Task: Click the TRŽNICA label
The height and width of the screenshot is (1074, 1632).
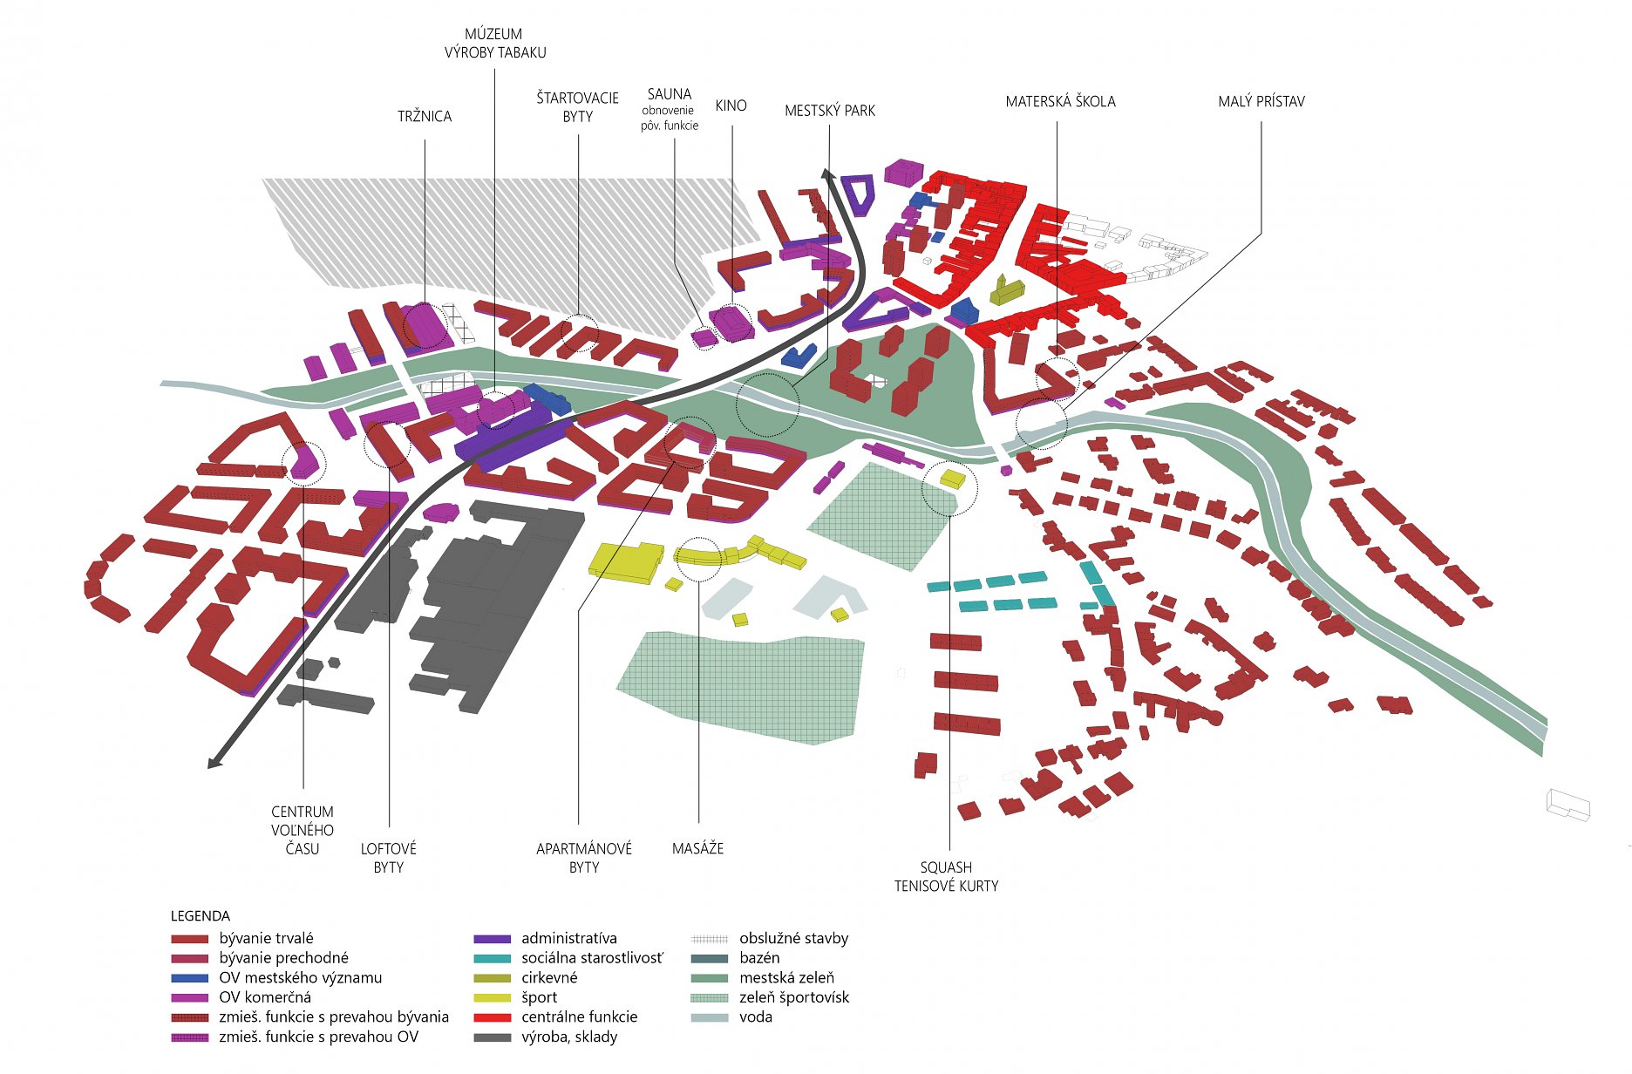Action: coord(425,116)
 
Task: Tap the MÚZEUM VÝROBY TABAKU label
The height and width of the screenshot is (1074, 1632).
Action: coord(494,44)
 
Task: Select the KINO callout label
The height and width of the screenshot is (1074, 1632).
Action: coord(731,105)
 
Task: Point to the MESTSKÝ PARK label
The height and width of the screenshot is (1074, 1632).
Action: coord(829,111)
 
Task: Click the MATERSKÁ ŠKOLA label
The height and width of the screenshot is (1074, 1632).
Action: coord(1060,101)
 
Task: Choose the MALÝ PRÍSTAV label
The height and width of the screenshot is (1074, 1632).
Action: coord(1261,101)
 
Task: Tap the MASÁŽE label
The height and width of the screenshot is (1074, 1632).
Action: coord(697,848)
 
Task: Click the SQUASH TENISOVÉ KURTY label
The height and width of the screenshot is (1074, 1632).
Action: coord(946,876)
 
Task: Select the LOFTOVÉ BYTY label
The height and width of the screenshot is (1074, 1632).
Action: coord(389,858)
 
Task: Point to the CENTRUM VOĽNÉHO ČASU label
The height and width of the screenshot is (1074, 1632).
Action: coord(303,830)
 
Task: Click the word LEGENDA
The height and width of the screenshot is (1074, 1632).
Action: coord(201,916)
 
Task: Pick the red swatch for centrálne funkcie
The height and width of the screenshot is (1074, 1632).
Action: coord(492,1017)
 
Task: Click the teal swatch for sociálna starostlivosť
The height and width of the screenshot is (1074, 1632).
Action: coord(492,959)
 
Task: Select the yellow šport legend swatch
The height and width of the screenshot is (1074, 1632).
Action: coord(492,998)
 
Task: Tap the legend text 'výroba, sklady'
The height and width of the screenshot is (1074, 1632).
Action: coord(569,1037)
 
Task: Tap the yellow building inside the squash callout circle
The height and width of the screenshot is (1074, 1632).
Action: coord(952,479)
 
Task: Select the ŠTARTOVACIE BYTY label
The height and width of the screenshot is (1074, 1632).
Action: coord(577,107)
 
